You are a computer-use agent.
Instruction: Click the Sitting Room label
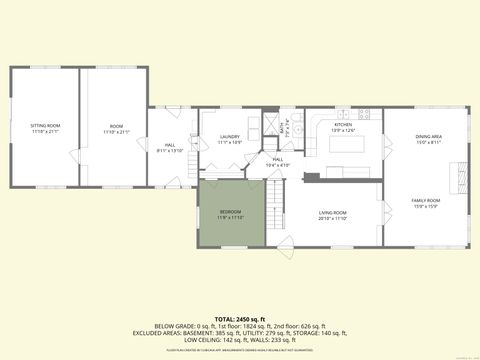click(x=46, y=125)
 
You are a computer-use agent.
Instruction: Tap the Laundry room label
click(x=230, y=139)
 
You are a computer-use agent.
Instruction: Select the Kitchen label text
click(x=343, y=125)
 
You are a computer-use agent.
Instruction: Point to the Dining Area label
click(x=429, y=137)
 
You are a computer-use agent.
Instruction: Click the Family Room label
click(x=426, y=201)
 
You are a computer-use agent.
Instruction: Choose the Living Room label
click(x=332, y=213)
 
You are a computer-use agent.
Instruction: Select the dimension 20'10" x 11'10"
click(x=332, y=218)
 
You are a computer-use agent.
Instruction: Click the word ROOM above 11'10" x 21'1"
click(x=116, y=126)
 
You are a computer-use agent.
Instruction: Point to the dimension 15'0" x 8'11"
click(x=429, y=142)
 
